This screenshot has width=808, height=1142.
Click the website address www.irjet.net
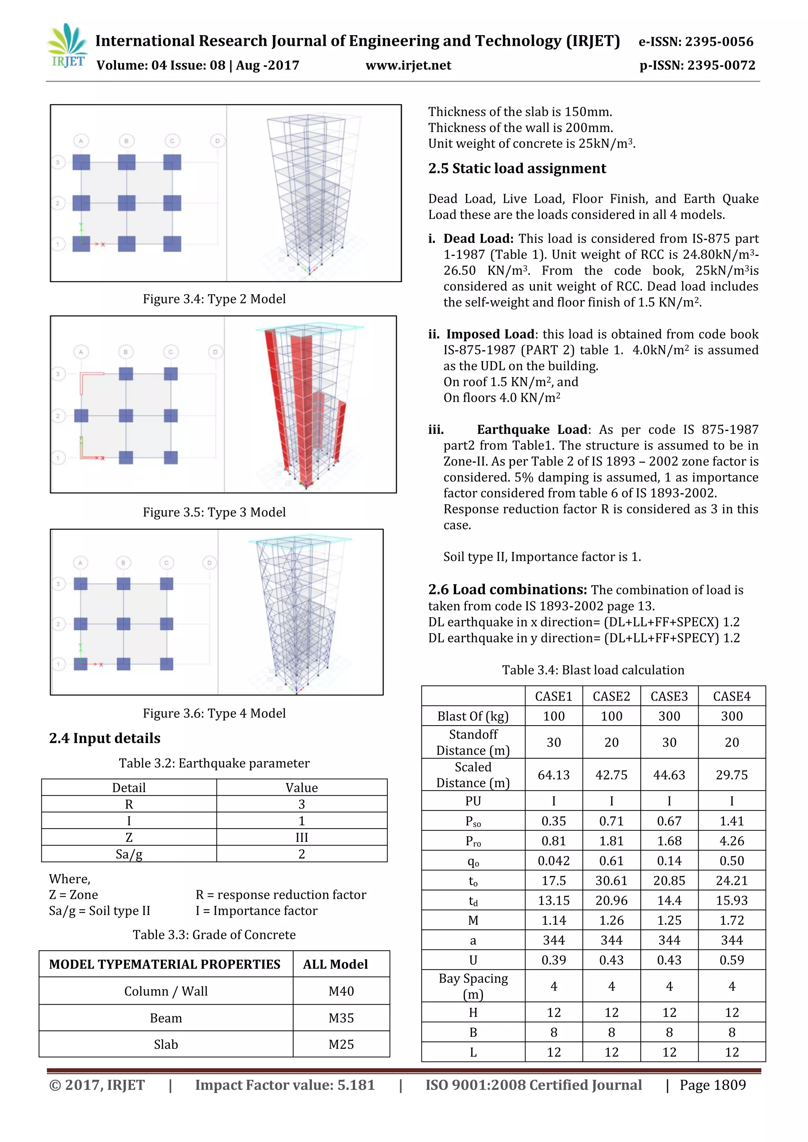pos(408,65)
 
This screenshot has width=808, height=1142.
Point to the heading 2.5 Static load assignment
pos(517,169)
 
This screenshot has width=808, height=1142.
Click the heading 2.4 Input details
pos(105,738)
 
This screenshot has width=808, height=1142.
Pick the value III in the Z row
pos(301,838)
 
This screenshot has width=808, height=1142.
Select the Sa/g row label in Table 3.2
pos(129,855)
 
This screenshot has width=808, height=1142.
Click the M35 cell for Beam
pos(341,1018)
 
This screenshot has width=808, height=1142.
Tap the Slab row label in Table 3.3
pos(166,1045)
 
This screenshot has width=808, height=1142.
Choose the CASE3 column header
pos(669,696)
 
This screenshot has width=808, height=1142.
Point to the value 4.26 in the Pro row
pos(731,841)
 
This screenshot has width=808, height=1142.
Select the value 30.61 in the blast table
pos(611,881)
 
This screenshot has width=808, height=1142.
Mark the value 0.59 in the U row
pos(731,961)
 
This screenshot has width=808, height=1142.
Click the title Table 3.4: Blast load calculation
pos(593,670)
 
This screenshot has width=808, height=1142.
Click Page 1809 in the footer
pos(713,1085)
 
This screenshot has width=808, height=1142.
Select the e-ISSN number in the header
pos(696,42)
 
